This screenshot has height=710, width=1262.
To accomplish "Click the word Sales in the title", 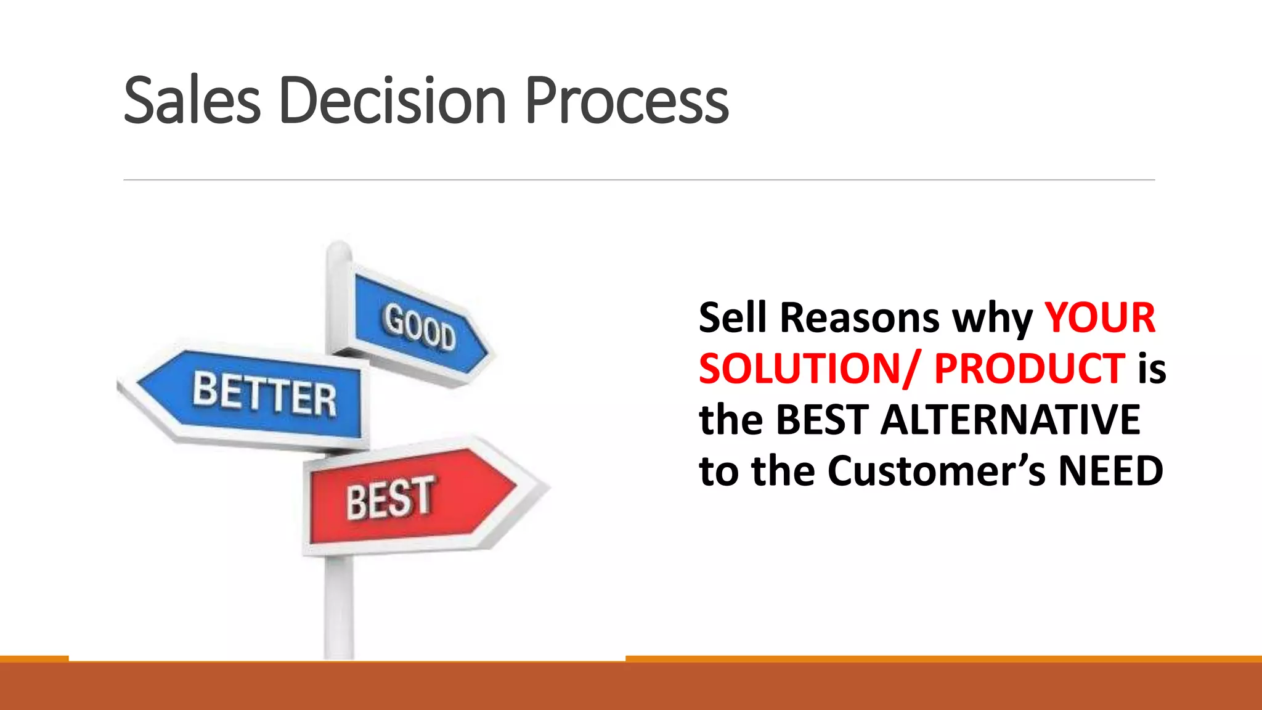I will pos(192,100).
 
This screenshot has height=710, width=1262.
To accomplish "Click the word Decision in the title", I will pos(392,100).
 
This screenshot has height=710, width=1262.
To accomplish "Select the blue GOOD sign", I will pos(419,327).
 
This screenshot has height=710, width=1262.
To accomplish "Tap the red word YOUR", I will pos(1099,318).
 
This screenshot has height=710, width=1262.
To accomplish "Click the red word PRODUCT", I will pos(1029,369).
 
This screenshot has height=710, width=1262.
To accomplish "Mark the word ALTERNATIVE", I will pos(1011,420).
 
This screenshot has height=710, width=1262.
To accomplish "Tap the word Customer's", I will pos(936,471).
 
